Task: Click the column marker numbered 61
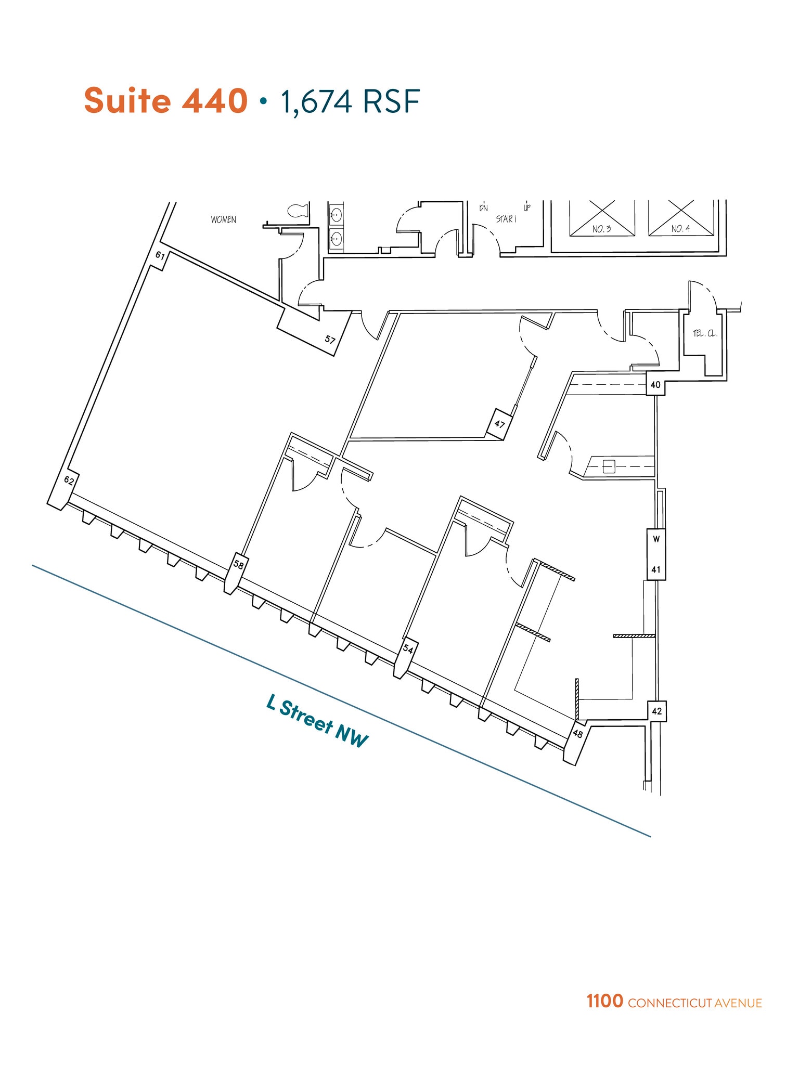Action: pos(160,256)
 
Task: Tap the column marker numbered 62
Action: pos(69,480)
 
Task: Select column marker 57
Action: pos(330,340)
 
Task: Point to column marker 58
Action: pos(238,564)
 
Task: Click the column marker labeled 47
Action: pos(499,424)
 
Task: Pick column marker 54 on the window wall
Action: pos(408,649)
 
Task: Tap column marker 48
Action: pos(577,734)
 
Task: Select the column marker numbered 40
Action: pos(655,385)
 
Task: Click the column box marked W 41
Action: pos(656,554)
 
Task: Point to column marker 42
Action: pos(656,711)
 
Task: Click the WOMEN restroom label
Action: pos(224,220)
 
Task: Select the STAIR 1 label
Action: pos(506,219)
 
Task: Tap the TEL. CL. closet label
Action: pos(705,333)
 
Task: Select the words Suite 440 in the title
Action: pos(165,100)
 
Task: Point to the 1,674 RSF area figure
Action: pos(350,101)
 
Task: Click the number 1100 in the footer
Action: pos(604,1001)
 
